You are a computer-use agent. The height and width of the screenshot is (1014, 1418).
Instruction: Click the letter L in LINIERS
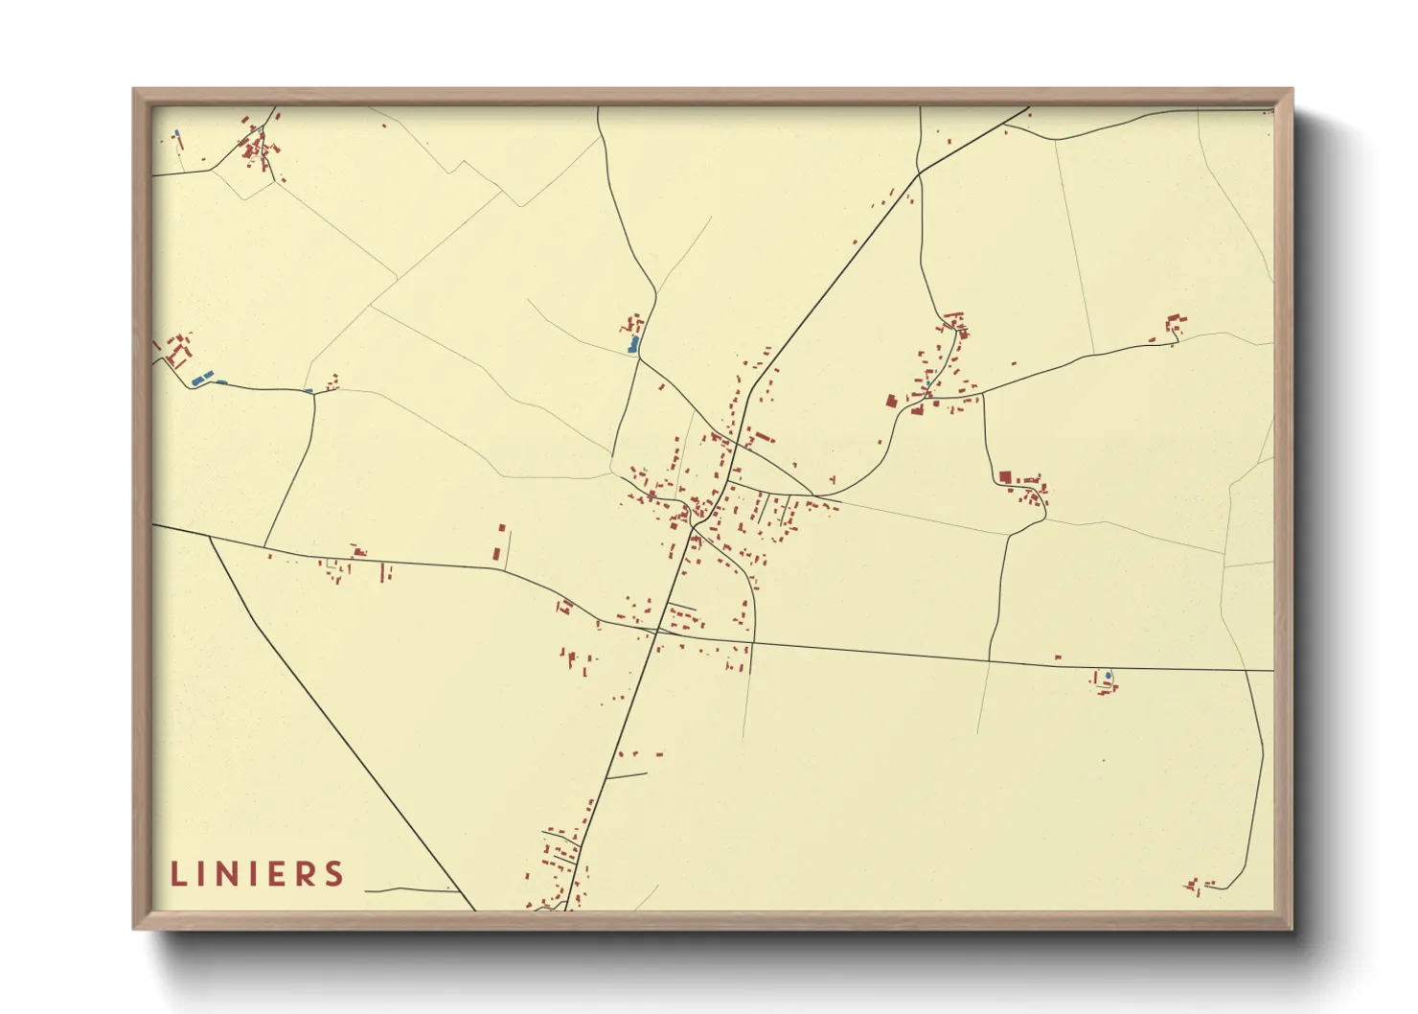[178, 874]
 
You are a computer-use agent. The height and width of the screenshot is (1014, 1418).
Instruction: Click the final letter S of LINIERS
[333, 874]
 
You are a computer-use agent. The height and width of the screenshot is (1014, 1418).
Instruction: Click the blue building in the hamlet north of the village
[632, 344]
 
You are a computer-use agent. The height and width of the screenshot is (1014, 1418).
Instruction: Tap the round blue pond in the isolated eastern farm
[1109, 676]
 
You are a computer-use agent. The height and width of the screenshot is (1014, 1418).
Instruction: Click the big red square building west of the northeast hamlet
[891, 401]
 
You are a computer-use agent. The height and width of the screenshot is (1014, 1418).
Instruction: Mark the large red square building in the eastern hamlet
[1005, 476]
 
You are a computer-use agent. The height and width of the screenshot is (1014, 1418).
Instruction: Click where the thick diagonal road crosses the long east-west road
[658, 631]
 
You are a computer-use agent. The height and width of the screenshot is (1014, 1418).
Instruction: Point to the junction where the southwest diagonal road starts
[210, 537]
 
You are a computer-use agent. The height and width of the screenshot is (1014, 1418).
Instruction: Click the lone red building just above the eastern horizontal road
[1058, 657]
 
